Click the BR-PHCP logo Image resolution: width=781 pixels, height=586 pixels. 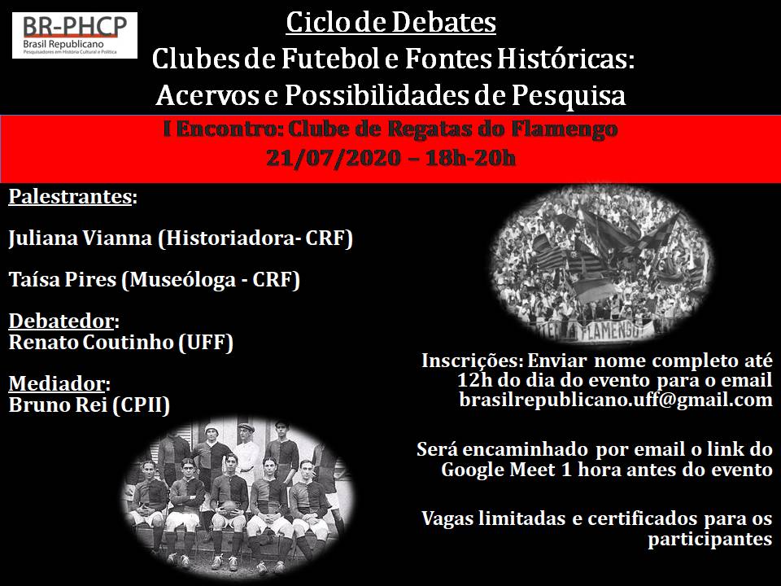(75, 35)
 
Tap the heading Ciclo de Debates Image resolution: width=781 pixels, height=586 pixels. (391, 23)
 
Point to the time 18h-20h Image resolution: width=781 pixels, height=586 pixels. (471, 158)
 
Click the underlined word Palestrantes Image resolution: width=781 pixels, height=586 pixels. (70, 197)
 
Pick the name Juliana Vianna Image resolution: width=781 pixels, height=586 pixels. (81, 238)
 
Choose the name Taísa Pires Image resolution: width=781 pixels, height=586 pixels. (63, 279)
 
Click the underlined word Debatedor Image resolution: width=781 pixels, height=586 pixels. (61, 321)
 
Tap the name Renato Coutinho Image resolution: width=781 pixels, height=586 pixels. (90, 343)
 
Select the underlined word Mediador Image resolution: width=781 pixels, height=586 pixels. (57, 383)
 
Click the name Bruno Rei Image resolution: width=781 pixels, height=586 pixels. (58, 405)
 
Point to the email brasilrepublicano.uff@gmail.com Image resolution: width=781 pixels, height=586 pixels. (616, 400)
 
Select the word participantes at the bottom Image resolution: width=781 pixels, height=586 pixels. (710, 539)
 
